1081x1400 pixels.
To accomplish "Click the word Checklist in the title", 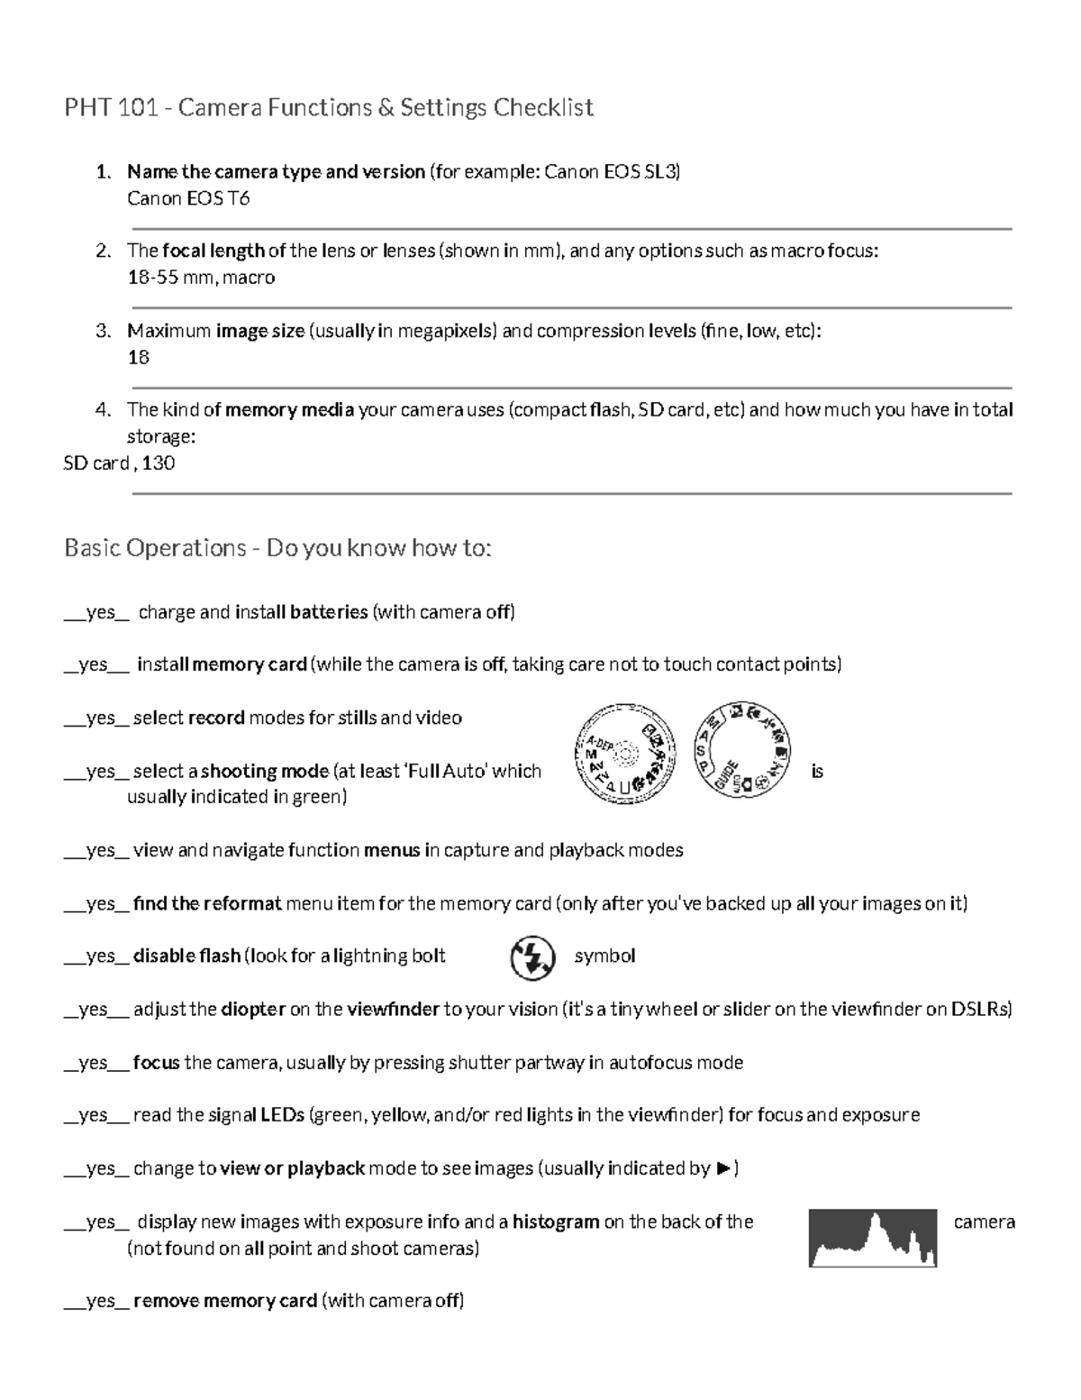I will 542,108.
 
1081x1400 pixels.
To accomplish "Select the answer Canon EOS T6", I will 188,199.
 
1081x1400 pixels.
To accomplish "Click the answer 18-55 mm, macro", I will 201,278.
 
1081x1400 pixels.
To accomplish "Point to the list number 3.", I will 103,331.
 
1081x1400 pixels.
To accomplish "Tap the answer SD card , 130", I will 119,463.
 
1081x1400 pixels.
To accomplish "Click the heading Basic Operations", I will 155,548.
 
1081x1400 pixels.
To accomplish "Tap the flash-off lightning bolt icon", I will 532,957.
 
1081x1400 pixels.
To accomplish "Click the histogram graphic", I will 872,1238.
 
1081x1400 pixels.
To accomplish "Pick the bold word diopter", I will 253,1010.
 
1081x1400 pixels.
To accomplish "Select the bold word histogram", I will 556,1222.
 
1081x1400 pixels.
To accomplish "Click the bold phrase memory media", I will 289,410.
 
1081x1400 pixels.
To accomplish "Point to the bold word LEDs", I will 282,1116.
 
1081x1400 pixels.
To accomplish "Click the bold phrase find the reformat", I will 207,904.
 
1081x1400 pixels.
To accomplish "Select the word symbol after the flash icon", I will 604,956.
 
